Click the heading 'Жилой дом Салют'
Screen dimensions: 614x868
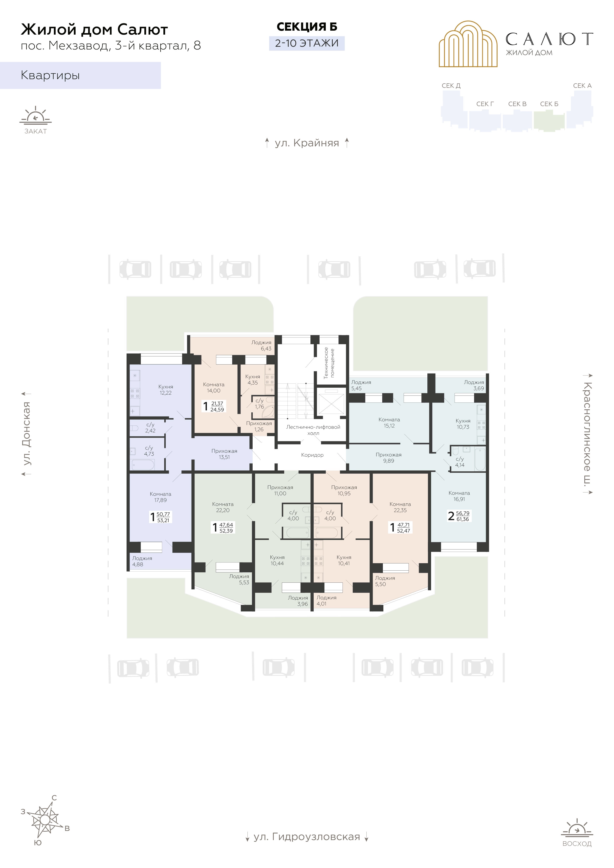pyautogui.click(x=94, y=29)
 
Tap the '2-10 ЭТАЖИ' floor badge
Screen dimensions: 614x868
pyautogui.click(x=307, y=43)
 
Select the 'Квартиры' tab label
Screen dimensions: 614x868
pyautogui.click(x=50, y=75)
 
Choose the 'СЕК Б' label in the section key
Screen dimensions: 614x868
pyautogui.click(x=549, y=104)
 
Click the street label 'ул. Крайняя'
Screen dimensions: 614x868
pyautogui.click(x=307, y=143)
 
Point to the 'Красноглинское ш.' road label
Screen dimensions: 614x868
pyautogui.click(x=588, y=434)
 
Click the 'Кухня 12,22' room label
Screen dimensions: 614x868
pyautogui.click(x=166, y=390)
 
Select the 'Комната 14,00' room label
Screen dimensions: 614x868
pyautogui.click(x=214, y=387)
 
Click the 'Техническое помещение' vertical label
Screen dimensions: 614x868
pyautogui.click(x=329, y=363)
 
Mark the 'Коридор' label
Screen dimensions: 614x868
pyautogui.click(x=312, y=455)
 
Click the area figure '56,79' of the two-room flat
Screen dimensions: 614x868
pyautogui.click(x=462, y=513)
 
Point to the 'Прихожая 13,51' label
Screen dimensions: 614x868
pyautogui.click(x=224, y=454)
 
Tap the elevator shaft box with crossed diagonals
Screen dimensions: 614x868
pyautogui.click(x=331, y=404)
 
